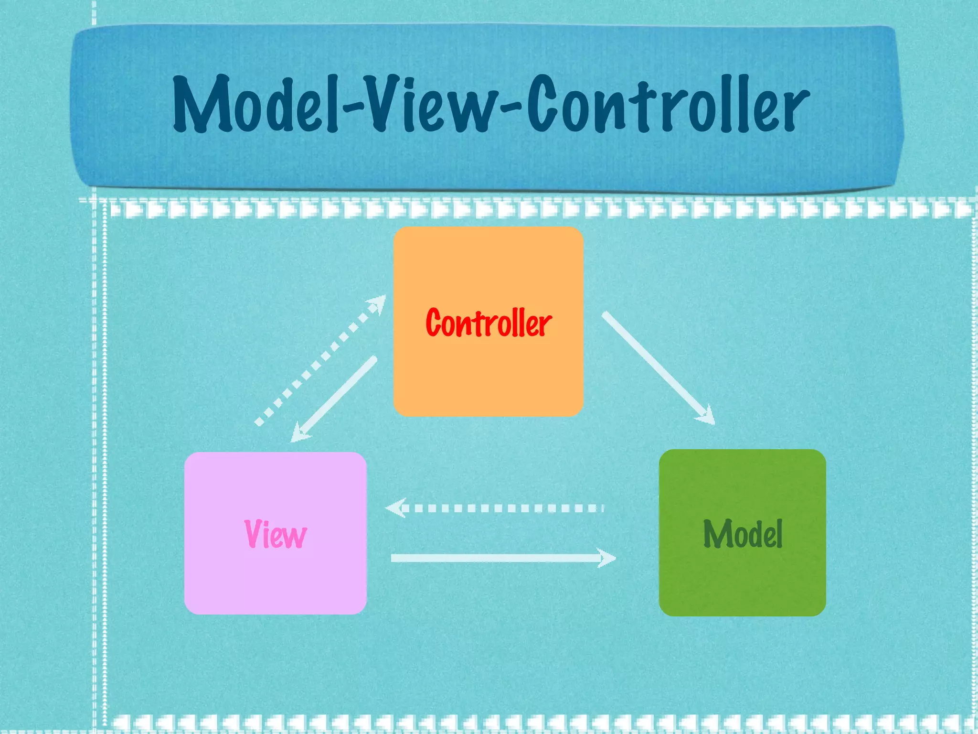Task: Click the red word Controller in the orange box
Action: point(488,324)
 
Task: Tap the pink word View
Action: point(275,534)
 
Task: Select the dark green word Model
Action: point(743,534)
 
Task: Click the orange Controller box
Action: point(488,378)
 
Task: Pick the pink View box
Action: point(275,583)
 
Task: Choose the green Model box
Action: point(743,583)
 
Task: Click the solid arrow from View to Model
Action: point(497,558)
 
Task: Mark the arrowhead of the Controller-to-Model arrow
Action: point(707,416)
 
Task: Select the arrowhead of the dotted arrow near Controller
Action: point(377,303)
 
